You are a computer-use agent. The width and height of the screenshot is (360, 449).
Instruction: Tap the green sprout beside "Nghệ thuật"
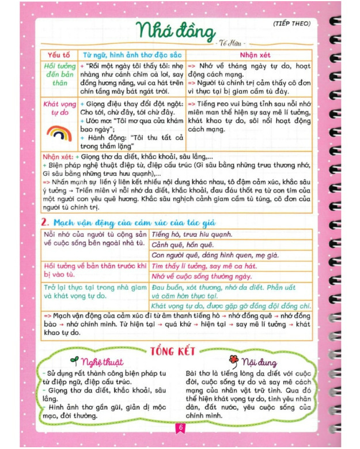[74, 362]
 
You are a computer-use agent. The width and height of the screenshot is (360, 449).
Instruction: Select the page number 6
[180, 428]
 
